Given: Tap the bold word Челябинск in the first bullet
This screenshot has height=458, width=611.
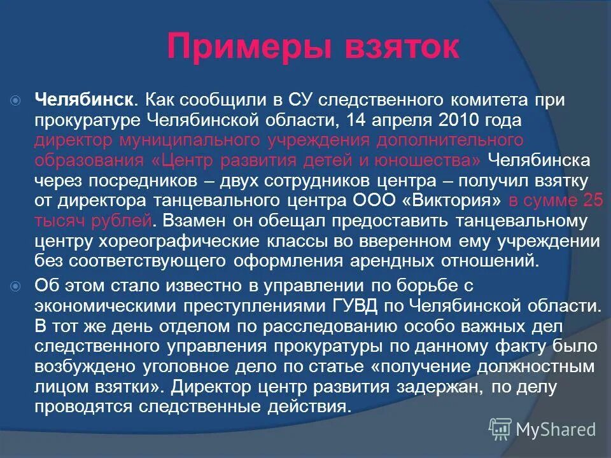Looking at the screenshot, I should (83, 100).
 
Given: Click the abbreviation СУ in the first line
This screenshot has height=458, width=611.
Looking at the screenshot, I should (298, 100).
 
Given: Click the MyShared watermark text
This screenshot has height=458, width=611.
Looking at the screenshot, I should (556, 429).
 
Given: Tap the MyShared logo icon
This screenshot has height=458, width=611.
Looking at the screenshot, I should (500, 429).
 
